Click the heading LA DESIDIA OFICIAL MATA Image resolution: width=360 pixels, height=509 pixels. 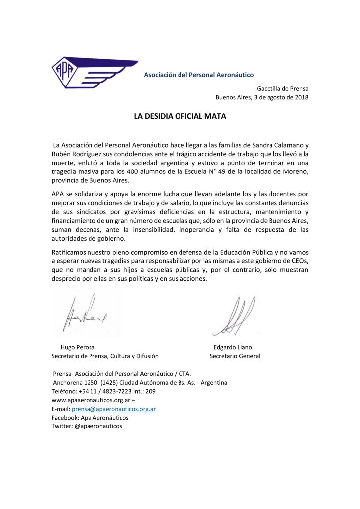[180, 117]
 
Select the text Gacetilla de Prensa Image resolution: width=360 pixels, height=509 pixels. [282, 88]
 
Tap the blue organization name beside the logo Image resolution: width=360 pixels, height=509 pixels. [198, 75]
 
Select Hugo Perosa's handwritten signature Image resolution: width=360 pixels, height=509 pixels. [86, 315]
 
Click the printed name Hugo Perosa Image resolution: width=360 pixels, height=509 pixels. [78, 347]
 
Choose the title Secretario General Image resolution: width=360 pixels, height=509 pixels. [235, 356]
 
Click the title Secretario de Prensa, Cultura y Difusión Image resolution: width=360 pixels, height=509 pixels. [105, 356]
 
